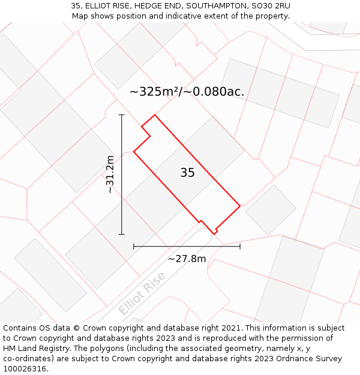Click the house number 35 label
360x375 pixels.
point(187,173)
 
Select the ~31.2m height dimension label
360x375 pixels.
point(110,174)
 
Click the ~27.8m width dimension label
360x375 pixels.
point(187,259)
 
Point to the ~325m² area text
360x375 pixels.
point(155,92)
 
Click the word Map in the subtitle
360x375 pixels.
point(80,16)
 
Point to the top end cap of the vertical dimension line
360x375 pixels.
point(122,115)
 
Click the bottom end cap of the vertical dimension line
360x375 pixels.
point(122,234)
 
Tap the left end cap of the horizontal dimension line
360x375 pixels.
point(134,246)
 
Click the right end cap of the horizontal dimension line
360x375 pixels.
point(240,246)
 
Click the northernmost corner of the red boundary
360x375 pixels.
point(155,115)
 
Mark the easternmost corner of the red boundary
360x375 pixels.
point(240,206)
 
